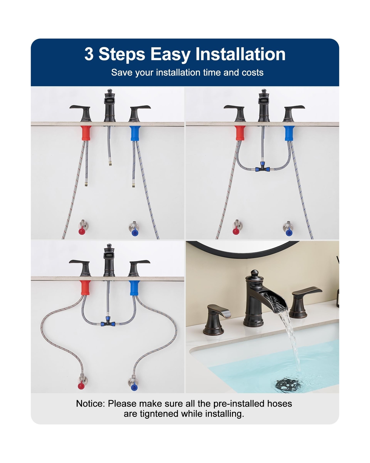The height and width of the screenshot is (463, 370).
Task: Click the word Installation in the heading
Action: pyautogui.click(x=240, y=54)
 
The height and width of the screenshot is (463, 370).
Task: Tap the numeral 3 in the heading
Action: pyautogui.click(x=89, y=54)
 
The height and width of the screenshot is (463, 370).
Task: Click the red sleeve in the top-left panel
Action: pyautogui.click(x=86, y=133)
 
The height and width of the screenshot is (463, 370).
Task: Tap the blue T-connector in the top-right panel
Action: pyautogui.click(x=262, y=168)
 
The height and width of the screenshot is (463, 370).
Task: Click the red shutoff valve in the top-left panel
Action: pyautogui.click(x=82, y=228)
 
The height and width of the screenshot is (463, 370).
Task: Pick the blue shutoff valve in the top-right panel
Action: pyautogui.click(x=288, y=229)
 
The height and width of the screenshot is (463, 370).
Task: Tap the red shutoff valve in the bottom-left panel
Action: pyautogui.click(x=82, y=382)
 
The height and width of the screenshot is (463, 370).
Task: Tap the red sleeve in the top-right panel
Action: pyautogui.click(x=240, y=133)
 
